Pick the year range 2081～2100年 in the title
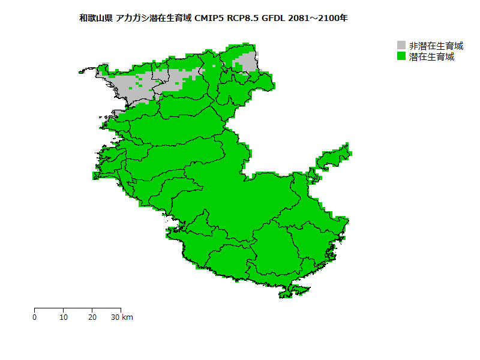pos(318,18)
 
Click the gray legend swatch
pos(401,46)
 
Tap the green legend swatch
pos(401,56)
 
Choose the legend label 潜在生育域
pos(431,56)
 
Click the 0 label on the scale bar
pos(35,317)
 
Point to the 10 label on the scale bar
pos(64,317)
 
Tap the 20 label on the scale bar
pos(92,317)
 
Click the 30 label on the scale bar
pos(115,317)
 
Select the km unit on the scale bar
pos(127,317)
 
